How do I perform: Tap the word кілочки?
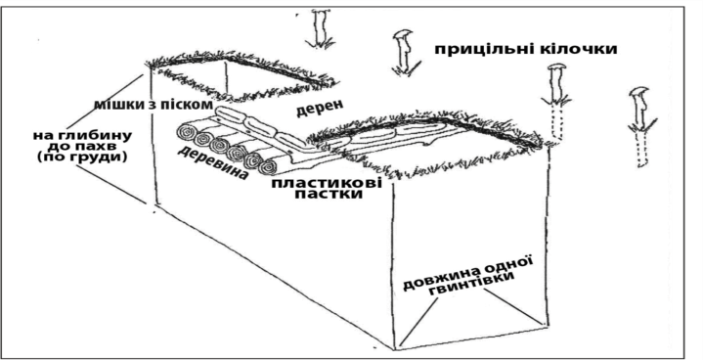pyautogui.click(x=584, y=48)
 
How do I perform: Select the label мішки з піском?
pyautogui.click(x=153, y=105)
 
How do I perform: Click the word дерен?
pyautogui.click(x=320, y=108)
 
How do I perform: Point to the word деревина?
pyautogui.click(x=212, y=162)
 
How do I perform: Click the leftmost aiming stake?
pyautogui.click(x=321, y=27)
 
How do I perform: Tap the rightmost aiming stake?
pyautogui.click(x=640, y=126)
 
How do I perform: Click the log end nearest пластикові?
pyautogui.click(x=268, y=167)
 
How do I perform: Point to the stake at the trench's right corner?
pyautogui.click(x=556, y=102)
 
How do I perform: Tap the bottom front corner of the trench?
pyautogui.click(x=395, y=348)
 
